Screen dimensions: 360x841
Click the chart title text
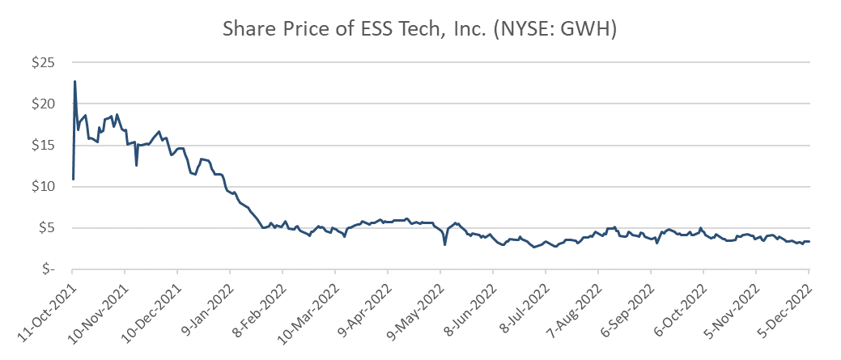[420, 31]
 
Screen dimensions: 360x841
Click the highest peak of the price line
[75, 81]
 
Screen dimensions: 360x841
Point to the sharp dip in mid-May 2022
[445, 244]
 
